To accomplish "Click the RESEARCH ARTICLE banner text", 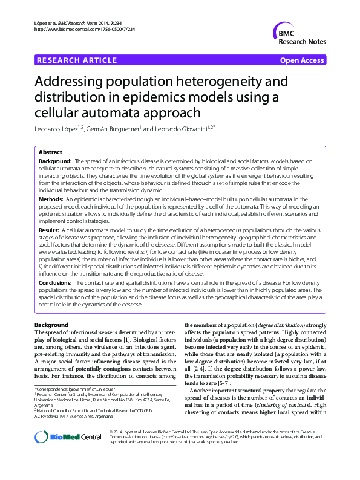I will (x=77, y=60).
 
